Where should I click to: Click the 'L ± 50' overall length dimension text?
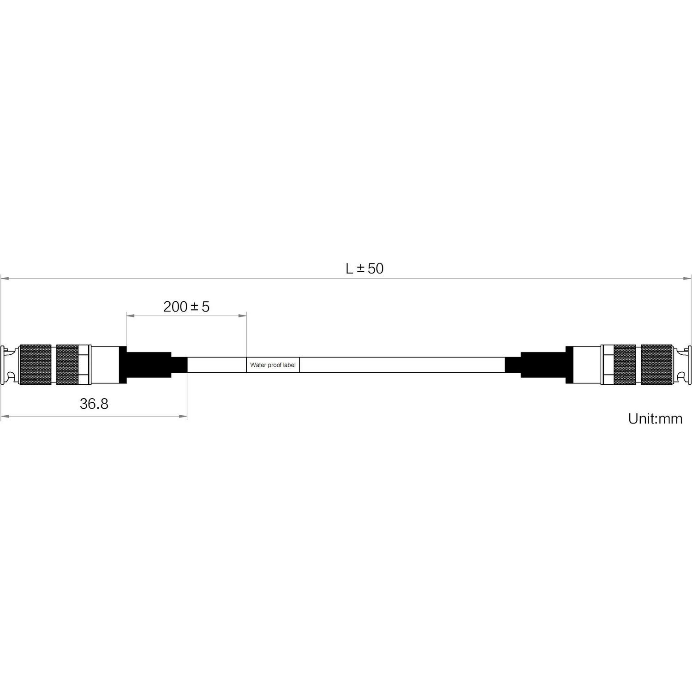tap(364, 268)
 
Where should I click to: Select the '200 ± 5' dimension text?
tap(186, 307)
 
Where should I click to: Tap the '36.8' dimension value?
tap(94, 404)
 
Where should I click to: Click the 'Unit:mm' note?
tap(655, 418)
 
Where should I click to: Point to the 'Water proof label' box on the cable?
tap(273, 365)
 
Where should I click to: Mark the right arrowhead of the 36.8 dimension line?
tap(183, 417)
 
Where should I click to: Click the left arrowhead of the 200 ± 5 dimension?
tap(131, 316)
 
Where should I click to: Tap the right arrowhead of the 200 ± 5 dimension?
tap(242, 316)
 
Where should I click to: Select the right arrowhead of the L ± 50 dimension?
tap(687, 278)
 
